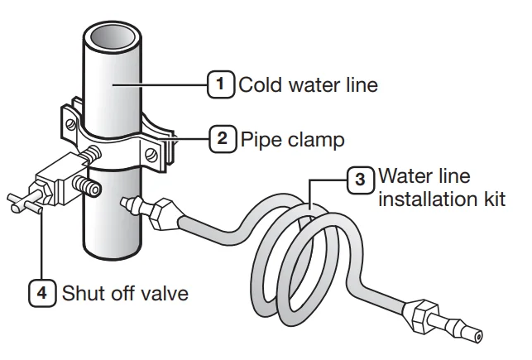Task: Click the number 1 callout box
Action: [219, 84]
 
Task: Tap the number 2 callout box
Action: [222, 138]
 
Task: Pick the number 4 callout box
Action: [43, 292]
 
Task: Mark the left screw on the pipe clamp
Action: [73, 125]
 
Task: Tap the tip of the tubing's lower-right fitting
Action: [479, 337]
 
